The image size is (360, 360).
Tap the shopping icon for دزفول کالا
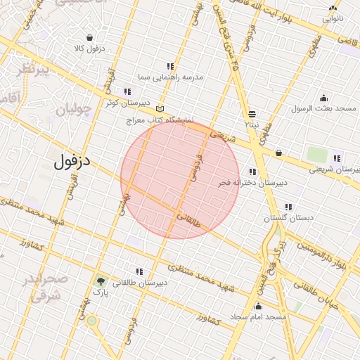coord(91,37)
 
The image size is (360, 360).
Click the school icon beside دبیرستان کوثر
coord(127,91)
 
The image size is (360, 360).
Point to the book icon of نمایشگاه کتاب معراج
coord(160,110)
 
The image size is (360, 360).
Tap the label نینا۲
coord(252,124)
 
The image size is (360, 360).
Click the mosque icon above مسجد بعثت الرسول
coord(323,98)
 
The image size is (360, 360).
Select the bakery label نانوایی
coord(333,19)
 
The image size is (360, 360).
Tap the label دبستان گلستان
coord(288,219)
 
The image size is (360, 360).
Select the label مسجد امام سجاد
coord(259,317)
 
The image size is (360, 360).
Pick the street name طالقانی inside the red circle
coord(188,222)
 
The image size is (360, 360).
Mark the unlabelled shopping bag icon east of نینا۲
coord(279,153)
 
